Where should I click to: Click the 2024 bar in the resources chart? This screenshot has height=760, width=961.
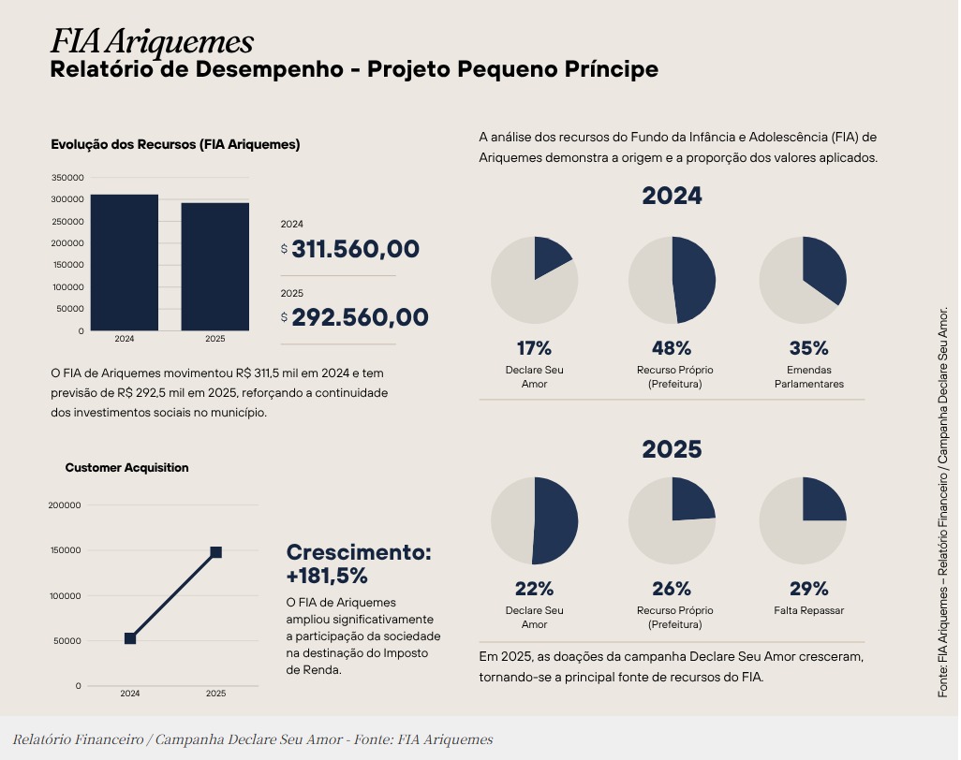(125, 263)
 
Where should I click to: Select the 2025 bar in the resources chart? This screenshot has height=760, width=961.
(215, 267)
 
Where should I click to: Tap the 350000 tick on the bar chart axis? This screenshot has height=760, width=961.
(67, 178)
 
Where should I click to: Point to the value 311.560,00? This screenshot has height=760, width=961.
(356, 249)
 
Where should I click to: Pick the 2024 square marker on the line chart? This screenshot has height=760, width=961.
(130, 638)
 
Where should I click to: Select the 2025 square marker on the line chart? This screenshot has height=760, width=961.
(215, 552)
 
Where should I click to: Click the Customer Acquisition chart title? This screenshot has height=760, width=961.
(126, 468)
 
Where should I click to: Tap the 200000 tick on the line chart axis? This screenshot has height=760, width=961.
(65, 505)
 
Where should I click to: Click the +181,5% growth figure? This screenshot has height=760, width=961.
(327, 576)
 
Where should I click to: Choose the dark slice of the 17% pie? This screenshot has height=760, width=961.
(550, 256)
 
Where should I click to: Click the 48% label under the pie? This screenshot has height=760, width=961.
(672, 348)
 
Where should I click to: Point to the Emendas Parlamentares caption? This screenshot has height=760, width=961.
(809, 376)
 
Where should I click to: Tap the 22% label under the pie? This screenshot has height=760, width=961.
(535, 589)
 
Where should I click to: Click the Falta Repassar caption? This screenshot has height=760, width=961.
(809, 610)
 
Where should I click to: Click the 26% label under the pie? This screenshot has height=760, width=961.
(672, 589)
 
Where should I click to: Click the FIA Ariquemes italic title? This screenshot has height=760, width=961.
(152, 42)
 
